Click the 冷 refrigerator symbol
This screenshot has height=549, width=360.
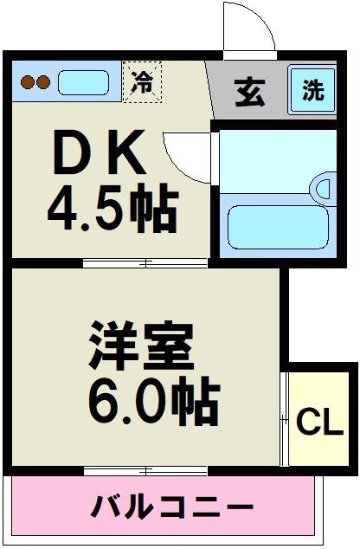pyautogui.click(x=142, y=82)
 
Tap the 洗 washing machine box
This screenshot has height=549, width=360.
pyautogui.click(x=312, y=89)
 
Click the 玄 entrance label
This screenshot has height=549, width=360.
pyautogui.click(x=249, y=93)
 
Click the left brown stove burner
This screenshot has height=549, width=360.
pyautogui.click(x=27, y=83)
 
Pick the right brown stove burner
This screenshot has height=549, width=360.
pyautogui.click(x=42, y=83)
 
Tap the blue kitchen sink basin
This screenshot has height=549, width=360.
pyautogui.click(x=83, y=83)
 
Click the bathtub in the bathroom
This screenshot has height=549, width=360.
pyautogui.click(x=276, y=227)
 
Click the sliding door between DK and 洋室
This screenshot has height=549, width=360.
pyautogui.click(x=145, y=262)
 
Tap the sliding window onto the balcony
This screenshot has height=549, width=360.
pyautogui.click(x=145, y=470)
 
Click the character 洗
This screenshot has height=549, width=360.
pyautogui.click(x=312, y=89)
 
